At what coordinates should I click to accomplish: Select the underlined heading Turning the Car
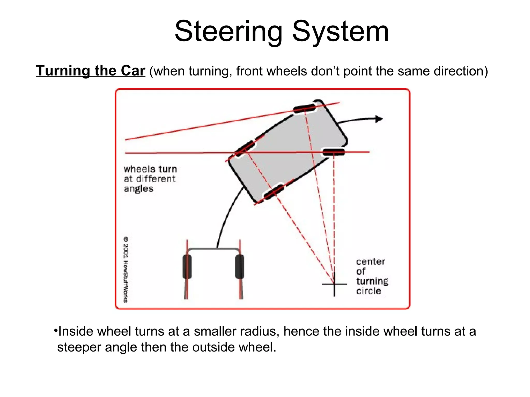91,71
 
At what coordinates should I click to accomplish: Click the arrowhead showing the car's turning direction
379,119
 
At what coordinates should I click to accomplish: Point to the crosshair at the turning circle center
334,284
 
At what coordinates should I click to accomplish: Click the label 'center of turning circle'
372,276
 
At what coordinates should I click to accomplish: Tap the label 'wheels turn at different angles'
150,179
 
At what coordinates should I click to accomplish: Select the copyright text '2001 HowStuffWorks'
126,269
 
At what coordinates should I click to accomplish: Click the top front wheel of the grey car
305,108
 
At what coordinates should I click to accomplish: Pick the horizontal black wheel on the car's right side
334,152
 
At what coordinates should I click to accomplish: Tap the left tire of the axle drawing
187,267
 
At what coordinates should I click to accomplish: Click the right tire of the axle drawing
240,267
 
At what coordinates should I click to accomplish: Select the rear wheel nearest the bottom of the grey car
274,192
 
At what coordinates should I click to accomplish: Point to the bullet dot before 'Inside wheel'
55,331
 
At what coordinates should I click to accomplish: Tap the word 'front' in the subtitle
249,71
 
